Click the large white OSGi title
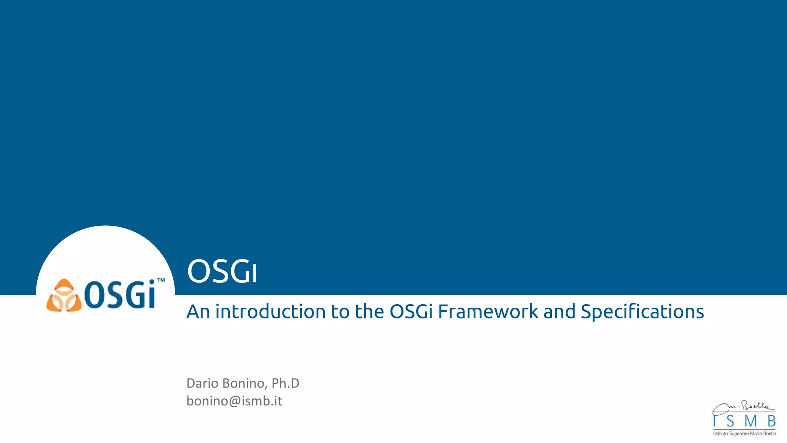[x=222, y=271]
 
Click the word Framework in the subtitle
[x=488, y=311]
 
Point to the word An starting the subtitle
[x=198, y=311]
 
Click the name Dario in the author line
[x=202, y=383]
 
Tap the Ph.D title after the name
[x=285, y=383]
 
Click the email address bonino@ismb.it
[x=234, y=401]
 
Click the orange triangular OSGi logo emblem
[x=64, y=296]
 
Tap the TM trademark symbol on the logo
[x=161, y=280]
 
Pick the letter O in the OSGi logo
[x=93, y=295]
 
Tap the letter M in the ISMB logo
[x=750, y=421]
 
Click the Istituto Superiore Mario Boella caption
[x=744, y=434]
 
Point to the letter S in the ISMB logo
[x=730, y=421]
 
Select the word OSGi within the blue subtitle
[x=411, y=311]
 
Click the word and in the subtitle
[x=559, y=311]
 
